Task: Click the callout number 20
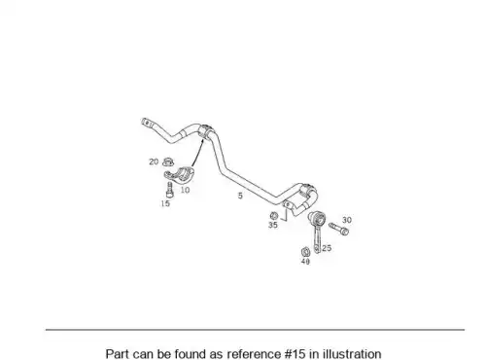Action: (154, 162)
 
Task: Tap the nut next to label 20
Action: (168, 162)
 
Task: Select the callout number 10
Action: (185, 190)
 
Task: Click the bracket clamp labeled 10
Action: (179, 174)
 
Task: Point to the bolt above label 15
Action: (169, 190)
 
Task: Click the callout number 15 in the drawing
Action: (165, 203)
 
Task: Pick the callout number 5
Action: (240, 196)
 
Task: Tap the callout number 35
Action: (273, 225)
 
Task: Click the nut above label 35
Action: (273, 216)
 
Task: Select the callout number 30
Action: (347, 220)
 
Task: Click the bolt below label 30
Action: (338, 229)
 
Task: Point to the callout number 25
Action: (327, 248)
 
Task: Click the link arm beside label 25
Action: (317, 231)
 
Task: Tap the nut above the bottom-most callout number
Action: (305, 252)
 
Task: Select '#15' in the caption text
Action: (295, 354)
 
